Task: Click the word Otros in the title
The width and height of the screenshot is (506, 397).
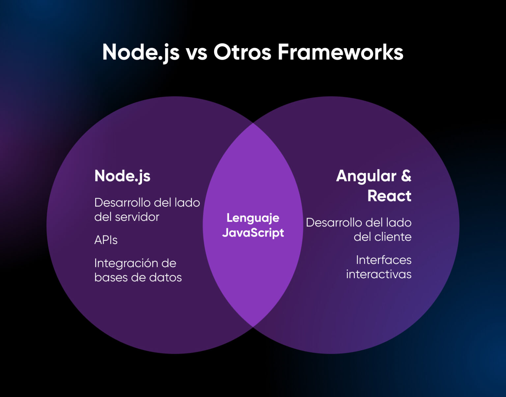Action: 242,52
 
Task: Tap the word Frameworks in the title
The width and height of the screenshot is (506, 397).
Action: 340,52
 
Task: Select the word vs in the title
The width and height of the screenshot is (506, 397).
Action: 196,53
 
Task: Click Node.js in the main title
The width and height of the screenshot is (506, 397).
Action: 141,53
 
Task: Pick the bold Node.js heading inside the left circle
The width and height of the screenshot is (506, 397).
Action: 122,176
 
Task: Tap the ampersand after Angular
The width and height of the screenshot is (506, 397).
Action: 406,176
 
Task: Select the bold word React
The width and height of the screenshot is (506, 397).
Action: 389,196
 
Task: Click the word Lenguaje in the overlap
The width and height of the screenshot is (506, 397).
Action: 253,218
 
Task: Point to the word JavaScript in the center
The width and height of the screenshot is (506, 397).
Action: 253,233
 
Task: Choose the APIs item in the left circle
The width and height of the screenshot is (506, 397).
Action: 106,240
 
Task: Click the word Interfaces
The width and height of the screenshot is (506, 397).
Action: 383,260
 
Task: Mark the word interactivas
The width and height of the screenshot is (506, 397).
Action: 379,274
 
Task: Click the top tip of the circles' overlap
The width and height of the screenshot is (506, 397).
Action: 253,124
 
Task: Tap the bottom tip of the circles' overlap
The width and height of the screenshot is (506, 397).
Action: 253,326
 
